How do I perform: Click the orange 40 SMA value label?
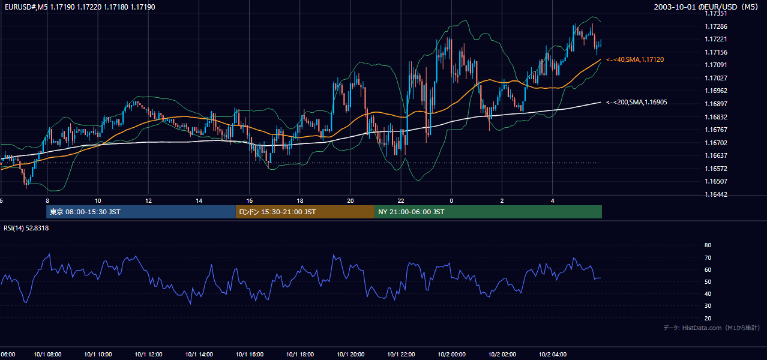pyautogui.click(x=635, y=59)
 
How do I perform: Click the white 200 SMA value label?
pyautogui.click(x=637, y=103)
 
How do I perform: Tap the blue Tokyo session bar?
pyautogui.click(x=140, y=212)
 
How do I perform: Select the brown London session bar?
pyautogui.click(x=305, y=212)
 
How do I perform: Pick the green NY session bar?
pyautogui.click(x=489, y=212)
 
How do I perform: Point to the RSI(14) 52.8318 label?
pyautogui.click(x=26, y=228)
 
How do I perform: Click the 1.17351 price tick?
pyautogui.click(x=715, y=14)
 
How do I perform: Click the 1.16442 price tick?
pyautogui.click(x=715, y=194)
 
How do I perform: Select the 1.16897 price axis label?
pyautogui.click(x=715, y=104)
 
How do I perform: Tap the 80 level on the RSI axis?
pyautogui.click(x=708, y=245)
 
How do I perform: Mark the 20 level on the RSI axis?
pyautogui.click(x=708, y=318)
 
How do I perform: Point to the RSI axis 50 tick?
pyautogui.click(x=708, y=281)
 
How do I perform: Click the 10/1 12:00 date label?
pyautogui.click(x=148, y=354)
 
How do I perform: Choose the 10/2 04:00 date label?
pyautogui.click(x=552, y=354)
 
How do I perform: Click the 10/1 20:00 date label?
pyautogui.click(x=350, y=354)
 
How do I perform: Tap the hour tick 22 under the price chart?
pyautogui.click(x=401, y=201)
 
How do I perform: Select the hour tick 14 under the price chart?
pyautogui.click(x=199, y=201)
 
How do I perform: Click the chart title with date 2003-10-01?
pyautogui.click(x=706, y=7)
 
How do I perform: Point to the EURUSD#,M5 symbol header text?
pyautogui.click(x=26, y=7)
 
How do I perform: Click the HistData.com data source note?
pyautogui.click(x=712, y=328)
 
